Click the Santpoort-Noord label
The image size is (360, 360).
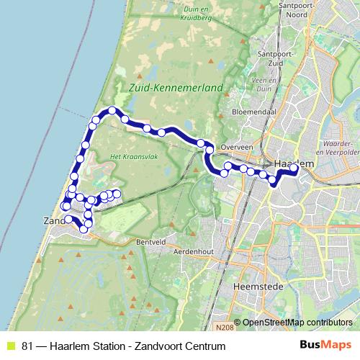pos(284,12)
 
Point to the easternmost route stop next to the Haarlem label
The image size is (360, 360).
pos(294,168)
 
